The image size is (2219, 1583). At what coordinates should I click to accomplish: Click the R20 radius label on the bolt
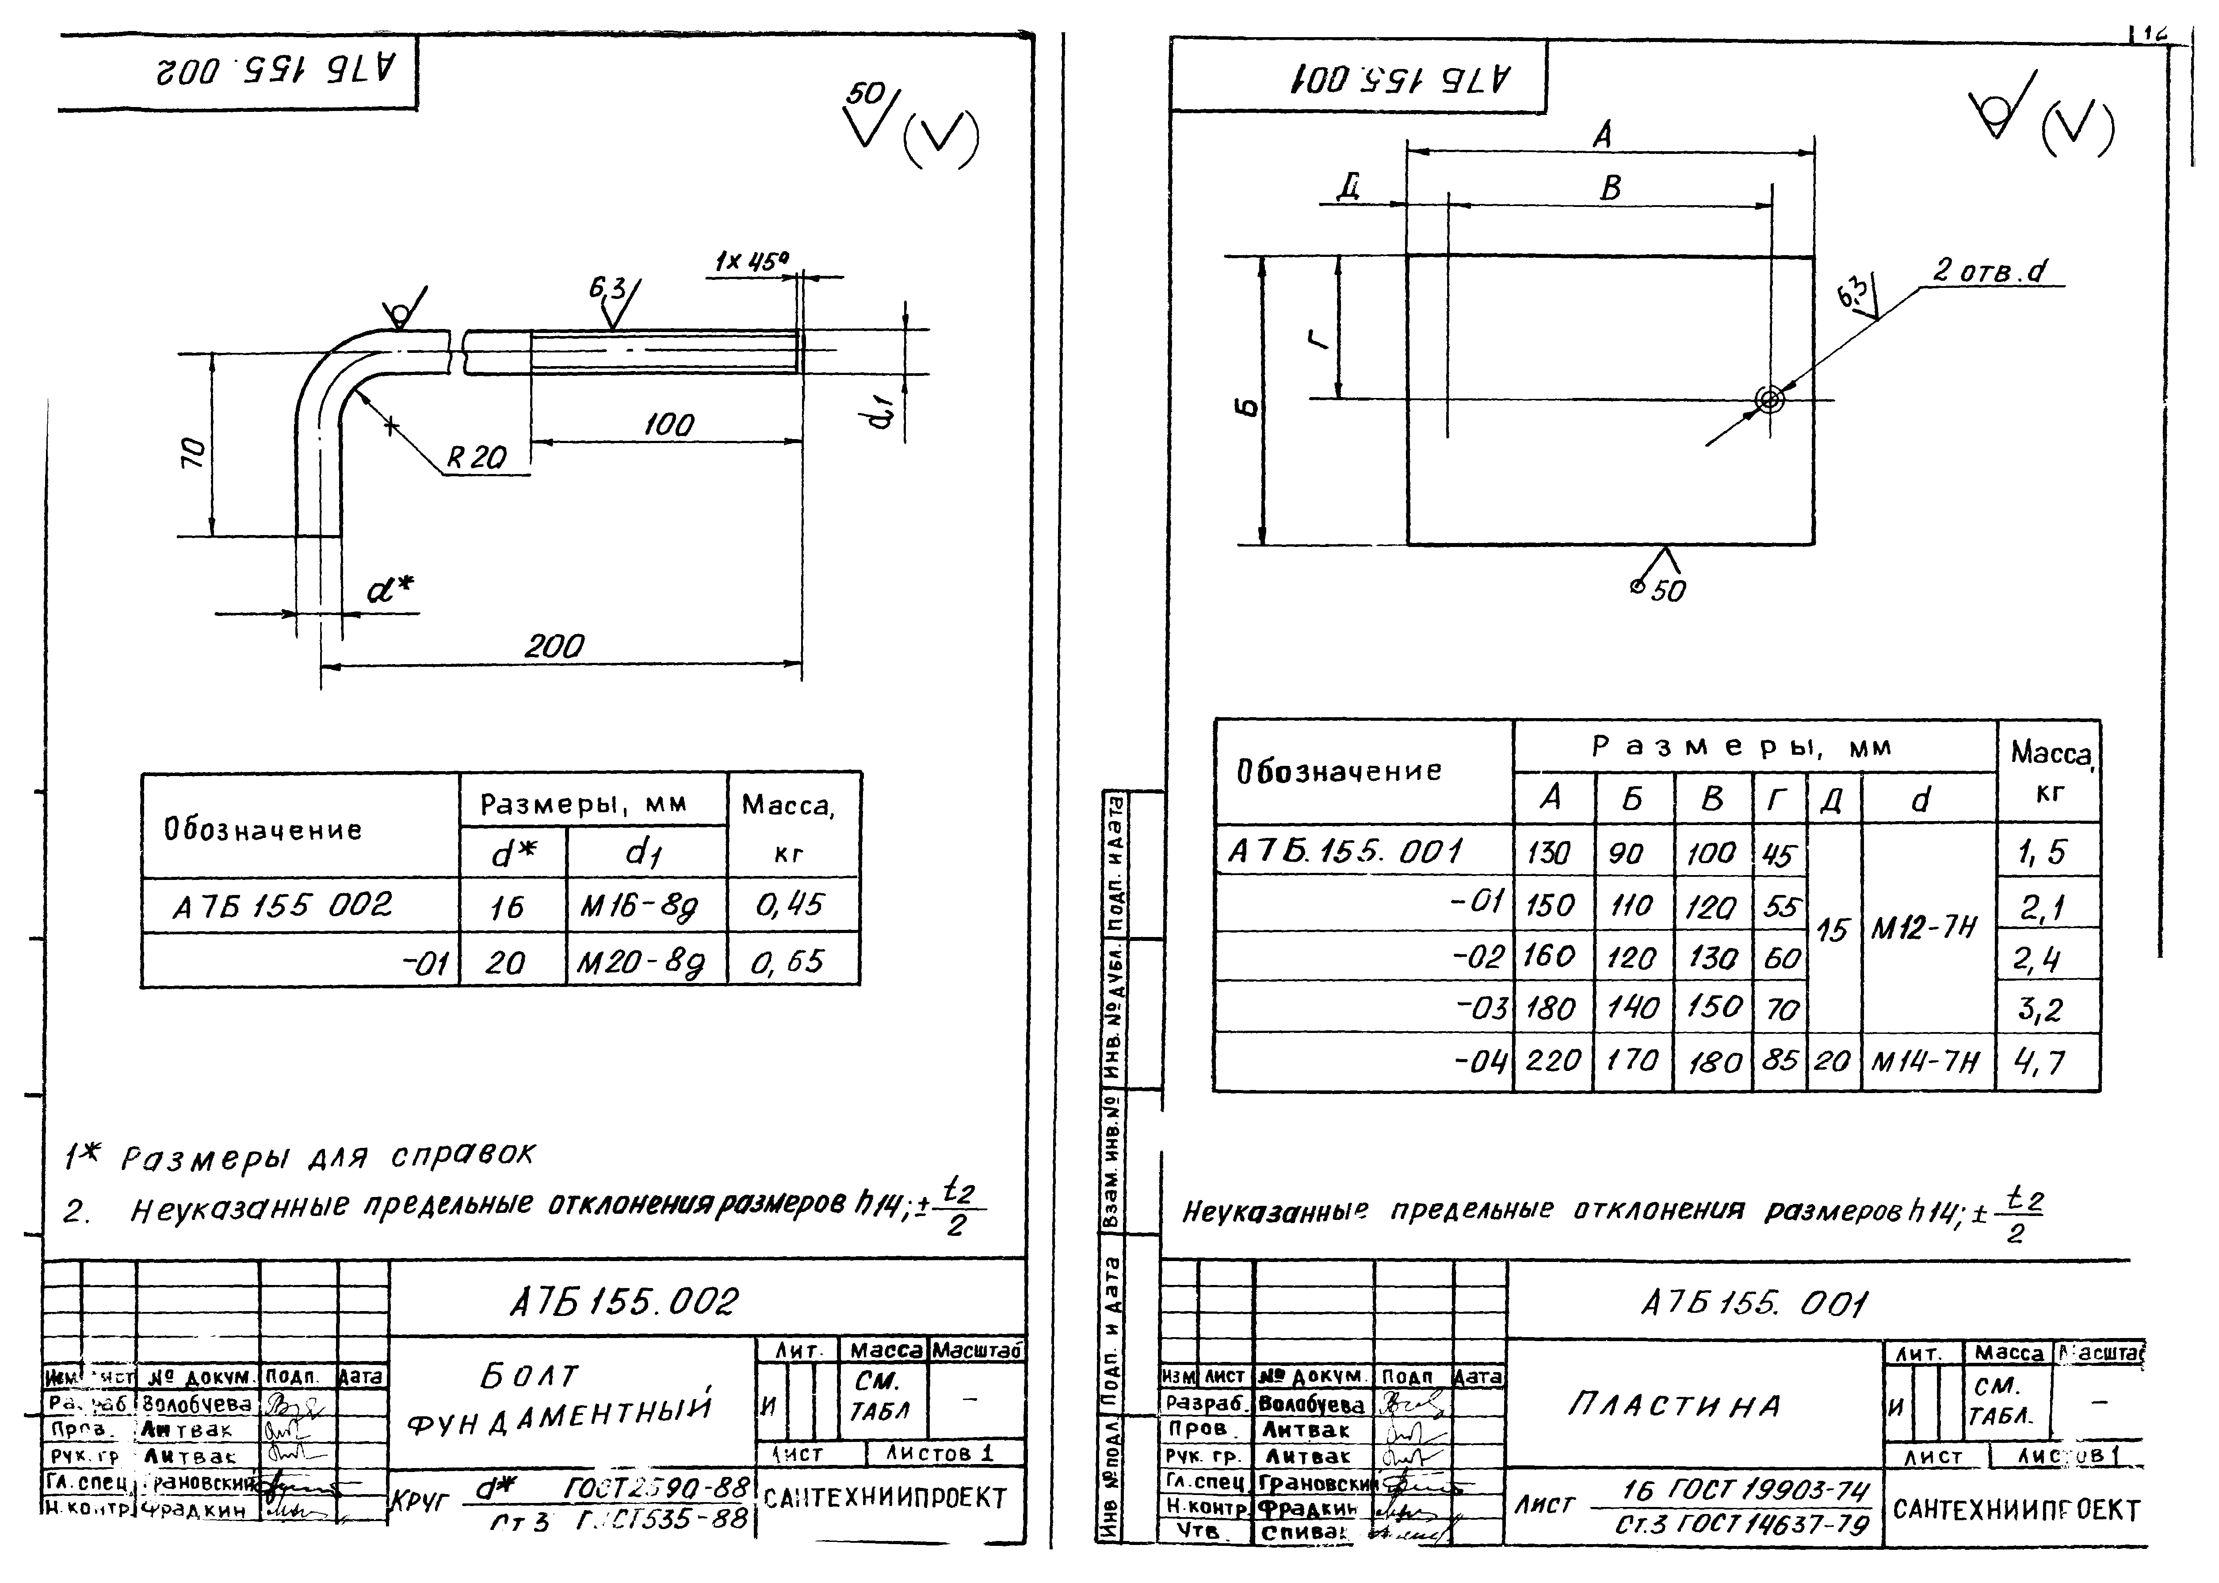(477, 457)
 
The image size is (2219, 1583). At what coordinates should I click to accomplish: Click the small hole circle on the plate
(1769, 400)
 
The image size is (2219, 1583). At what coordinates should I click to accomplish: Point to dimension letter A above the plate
(1603, 134)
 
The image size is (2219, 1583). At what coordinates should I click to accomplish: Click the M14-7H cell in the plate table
(1924, 1062)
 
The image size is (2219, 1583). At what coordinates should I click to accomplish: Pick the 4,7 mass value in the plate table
(2041, 1062)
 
